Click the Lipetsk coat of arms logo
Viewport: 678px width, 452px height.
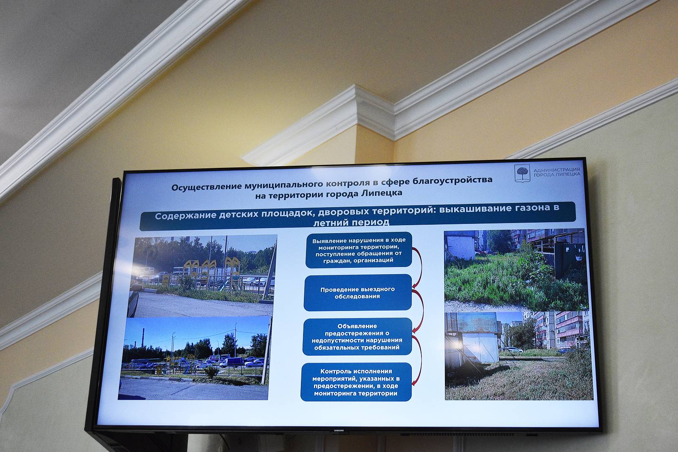click(x=522, y=173)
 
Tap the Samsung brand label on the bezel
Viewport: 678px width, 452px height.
click(x=339, y=430)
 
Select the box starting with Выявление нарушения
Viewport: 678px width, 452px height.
click(x=359, y=250)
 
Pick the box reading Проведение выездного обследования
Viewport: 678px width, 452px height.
click(x=358, y=293)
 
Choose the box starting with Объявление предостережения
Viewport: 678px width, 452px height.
click(x=357, y=336)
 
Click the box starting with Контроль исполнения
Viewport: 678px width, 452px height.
click(x=356, y=382)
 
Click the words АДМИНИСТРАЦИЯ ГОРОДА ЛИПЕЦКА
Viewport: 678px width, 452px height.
click(x=557, y=172)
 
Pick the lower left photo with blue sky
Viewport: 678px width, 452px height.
click(x=195, y=358)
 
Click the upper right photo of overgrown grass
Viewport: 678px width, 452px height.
click(x=516, y=270)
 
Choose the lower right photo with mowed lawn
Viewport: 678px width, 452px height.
click(x=519, y=356)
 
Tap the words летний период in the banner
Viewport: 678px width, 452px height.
click(x=351, y=223)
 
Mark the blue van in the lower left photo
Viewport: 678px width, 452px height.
click(x=232, y=362)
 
